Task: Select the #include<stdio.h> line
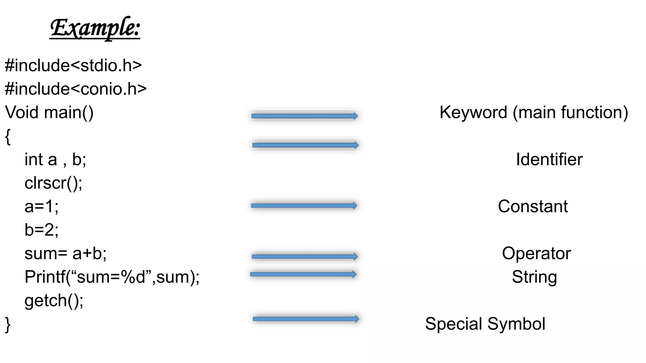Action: (x=73, y=66)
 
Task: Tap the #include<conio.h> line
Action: (x=76, y=89)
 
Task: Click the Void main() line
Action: (x=49, y=112)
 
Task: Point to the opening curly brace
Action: (x=8, y=136)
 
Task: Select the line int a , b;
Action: (x=55, y=159)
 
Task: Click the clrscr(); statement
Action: (x=53, y=183)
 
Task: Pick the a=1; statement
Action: (x=41, y=206)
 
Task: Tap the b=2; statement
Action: (x=41, y=230)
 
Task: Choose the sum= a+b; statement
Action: (x=66, y=253)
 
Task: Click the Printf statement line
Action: (x=112, y=277)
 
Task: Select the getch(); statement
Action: (x=54, y=301)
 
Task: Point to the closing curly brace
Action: (x=8, y=325)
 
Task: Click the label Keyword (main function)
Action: (x=534, y=112)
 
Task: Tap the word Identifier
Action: (x=549, y=159)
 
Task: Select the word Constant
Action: (x=533, y=206)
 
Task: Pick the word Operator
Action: (x=536, y=253)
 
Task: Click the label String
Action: (x=534, y=277)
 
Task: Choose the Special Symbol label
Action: (x=485, y=324)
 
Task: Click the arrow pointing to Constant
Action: (x=304, y=206)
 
